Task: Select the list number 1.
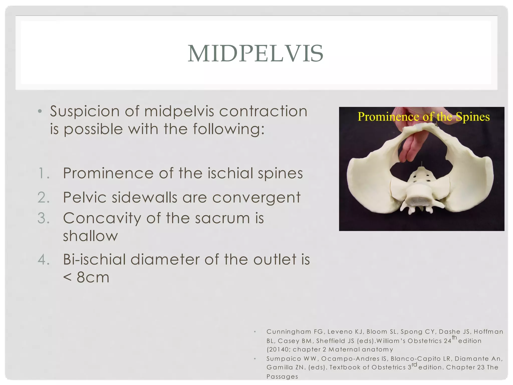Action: [x=44, y=173]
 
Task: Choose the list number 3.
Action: [x=44, y=218]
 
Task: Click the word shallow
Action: [x=90, y=236]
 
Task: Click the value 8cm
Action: [x=93, y=277]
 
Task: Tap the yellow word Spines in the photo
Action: [x=472, y=117]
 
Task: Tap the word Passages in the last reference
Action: [x=282, y=376]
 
